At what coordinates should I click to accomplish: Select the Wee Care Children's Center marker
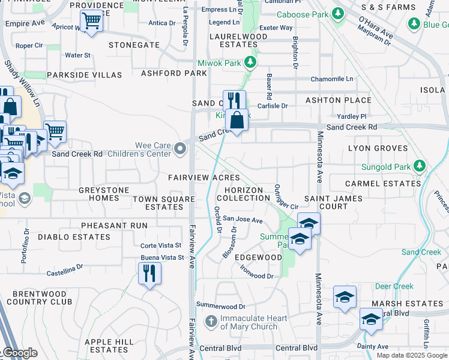coord(179,148)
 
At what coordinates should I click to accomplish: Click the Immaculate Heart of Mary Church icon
coord(211,321)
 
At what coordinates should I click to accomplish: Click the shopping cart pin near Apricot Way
coord(91,21)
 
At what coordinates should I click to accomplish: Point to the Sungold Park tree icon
coord(421,166)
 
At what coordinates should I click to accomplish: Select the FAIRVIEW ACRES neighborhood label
coord(203,178)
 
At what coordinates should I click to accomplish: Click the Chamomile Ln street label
coord(332,79)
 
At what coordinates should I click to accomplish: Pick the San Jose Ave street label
coord(243,220)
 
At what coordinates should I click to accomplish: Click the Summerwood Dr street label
coord(221,307)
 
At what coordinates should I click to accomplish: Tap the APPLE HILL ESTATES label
coord(109,345)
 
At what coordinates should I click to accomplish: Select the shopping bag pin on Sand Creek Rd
coord(238,121)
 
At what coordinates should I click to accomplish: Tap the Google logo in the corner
coord(19,353)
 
